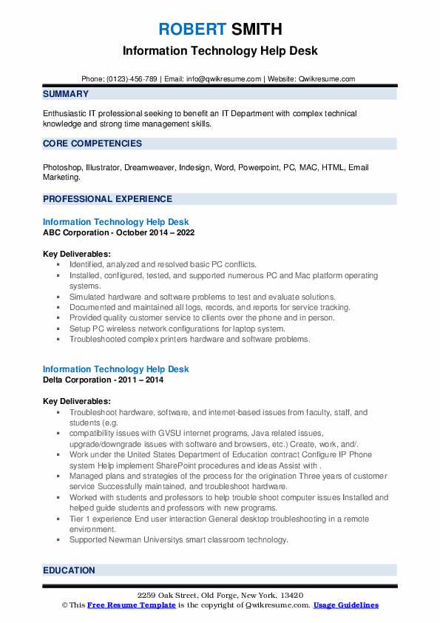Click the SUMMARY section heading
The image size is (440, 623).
point(66,94)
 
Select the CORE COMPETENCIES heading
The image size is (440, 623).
point(92,144)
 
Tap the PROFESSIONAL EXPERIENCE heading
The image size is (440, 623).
point(107,199)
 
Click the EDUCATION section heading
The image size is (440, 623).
point(69,570)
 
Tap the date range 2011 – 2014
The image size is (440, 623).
point(144,380)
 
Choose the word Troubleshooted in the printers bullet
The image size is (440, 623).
point(100,340)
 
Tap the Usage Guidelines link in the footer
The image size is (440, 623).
point(345,605)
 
